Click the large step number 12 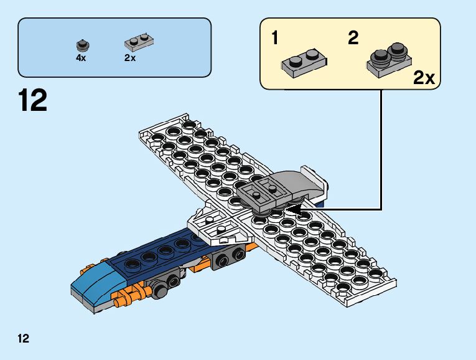(x=33, y=100)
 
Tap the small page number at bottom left (x=24, y=338)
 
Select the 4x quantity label (x=81, y=57)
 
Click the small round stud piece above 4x (x=81, y=44)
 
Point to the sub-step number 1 (x=275, y=39)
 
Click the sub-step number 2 (x=353, y=39)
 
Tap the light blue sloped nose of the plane (x=93, y=283)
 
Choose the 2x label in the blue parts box (x=130, y=57)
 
